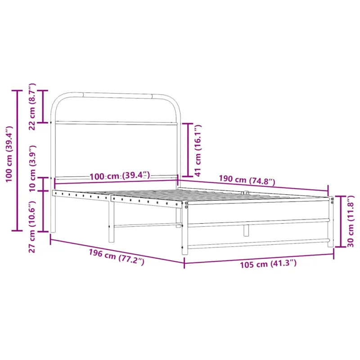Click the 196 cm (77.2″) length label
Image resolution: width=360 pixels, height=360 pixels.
(117, 257)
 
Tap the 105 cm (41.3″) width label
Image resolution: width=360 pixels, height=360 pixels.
(268, 264)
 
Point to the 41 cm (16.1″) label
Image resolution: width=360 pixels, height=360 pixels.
(198, 150)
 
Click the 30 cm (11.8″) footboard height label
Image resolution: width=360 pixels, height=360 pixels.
(351, 221)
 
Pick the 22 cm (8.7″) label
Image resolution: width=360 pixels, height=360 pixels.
(32, 107)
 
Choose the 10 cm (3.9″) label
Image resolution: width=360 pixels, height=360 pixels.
(32, 168)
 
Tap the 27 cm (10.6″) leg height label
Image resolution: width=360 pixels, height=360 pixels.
(32, 227)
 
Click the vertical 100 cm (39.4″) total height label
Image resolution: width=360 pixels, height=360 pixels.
(9, 154)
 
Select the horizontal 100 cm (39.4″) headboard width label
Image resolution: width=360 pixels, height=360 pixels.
(120, 176)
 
